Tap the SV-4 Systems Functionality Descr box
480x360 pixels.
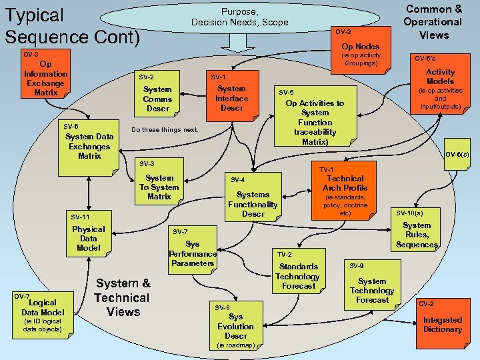pyautogui.click(x=253, y=199)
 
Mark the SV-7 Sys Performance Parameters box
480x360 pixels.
pyautogui.click(x=192, y=249)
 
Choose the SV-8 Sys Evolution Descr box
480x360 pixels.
pyautogui.click(x=235, y=326)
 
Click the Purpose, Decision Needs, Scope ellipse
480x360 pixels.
pyautogui.click(x=240, y=17)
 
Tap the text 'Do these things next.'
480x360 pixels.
pyautogui.click(x=165, y=130)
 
